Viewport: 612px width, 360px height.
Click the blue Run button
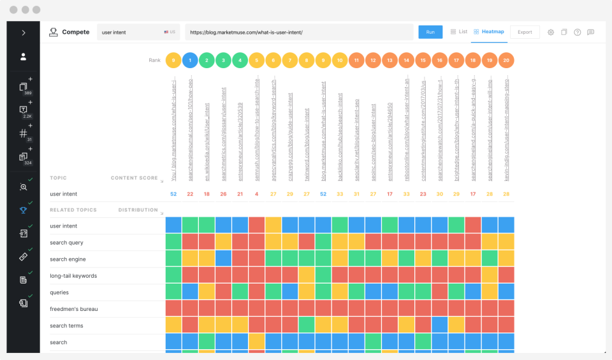coord(430,32)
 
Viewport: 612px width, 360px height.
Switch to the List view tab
coord(459,31)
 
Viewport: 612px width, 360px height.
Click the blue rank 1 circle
coord(189,61)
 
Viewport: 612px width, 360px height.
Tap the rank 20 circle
coord(506,61)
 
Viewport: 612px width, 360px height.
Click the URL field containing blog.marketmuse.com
coord(299,32)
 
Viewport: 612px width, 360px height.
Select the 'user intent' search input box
coord(131,32)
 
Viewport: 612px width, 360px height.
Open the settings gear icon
coord(551,32)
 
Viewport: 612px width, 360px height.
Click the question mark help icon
coord(577,32)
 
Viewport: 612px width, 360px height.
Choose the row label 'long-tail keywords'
coord(73,276)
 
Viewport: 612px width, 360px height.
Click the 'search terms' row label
coord(66,326)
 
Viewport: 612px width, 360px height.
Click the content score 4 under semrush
coord(256,194)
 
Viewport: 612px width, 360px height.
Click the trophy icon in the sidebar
coord(23,210)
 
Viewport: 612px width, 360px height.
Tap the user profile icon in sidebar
coord(24,57)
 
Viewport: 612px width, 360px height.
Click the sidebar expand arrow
coord(24,32)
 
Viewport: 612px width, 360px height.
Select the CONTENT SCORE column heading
coord(134,178)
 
